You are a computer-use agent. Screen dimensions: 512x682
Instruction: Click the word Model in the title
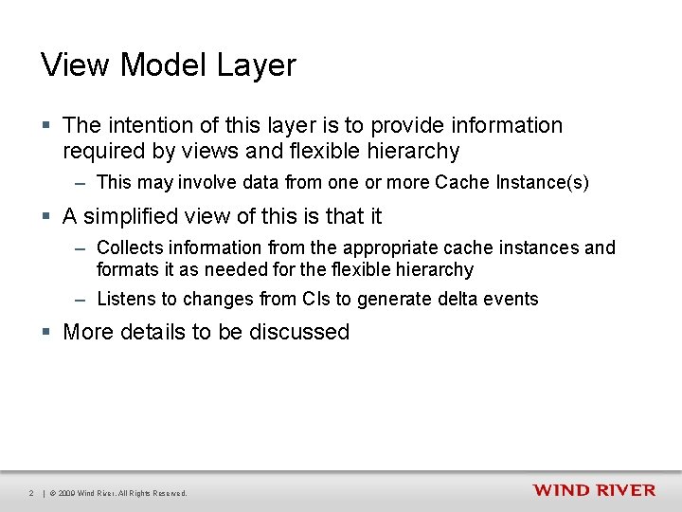pos(162,65)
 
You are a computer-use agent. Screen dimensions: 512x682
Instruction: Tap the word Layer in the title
pos(257,65)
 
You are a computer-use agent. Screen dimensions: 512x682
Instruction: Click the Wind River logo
pos(593,490)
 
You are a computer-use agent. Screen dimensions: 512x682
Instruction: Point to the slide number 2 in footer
pos(31,493)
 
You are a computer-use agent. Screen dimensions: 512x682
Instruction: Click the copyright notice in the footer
pos(118,493)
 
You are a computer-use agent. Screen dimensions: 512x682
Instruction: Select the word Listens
pos(127,299)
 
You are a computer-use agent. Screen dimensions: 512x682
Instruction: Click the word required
pos(102,151)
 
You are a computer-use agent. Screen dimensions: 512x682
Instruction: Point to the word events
pos(511,299)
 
